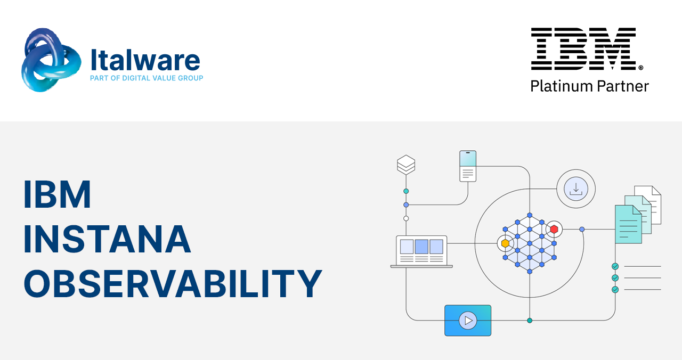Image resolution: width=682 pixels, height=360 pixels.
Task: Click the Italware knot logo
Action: pyautogui.click(x=51, y=60)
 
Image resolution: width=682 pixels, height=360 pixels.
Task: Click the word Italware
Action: pyautogui.click(x=145, y=60)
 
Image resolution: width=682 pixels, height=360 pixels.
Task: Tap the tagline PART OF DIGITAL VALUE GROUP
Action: pyautogui.click(x=147, y=78)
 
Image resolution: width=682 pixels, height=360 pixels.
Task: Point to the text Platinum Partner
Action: pyautogui.click(x=589, y=86)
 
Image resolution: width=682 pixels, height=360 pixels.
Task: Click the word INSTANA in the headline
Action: pyautogui.click(x=107, y=239)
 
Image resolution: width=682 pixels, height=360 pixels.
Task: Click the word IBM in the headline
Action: pyautogui.click(x=57, y=194)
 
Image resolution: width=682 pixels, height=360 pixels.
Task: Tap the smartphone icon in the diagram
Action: pyautogui.click(x=468, y=166)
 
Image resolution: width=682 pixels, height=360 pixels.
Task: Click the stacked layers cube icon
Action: pyautogui.click(x=406, y=165)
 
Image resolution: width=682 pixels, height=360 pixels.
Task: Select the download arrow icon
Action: pyautogui.click(x=576, y=189)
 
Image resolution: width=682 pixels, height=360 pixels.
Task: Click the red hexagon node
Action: pyautogui.click(x=554, y=229)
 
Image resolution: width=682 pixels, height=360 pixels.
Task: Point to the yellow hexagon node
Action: pyautogui.click(x=505, y=243)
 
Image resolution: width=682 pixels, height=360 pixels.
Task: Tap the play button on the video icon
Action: pyautogui.click(x=468, y=321)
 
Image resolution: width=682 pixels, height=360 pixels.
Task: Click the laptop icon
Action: pyautogui.click(x=421, y=252)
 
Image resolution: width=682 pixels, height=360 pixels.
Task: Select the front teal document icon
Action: pyautogui.click(x=628, y=224)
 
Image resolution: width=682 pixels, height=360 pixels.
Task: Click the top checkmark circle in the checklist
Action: pyautogui.click(x=615, y=266)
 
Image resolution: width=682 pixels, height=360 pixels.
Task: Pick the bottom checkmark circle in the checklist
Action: pyautogui.click(x=615, y=289)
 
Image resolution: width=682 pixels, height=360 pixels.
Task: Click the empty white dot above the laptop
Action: pyautogui.click(x=406, y=218)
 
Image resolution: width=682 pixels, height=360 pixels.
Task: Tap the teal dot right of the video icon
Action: pyautogui.click(x=530, y=321)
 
